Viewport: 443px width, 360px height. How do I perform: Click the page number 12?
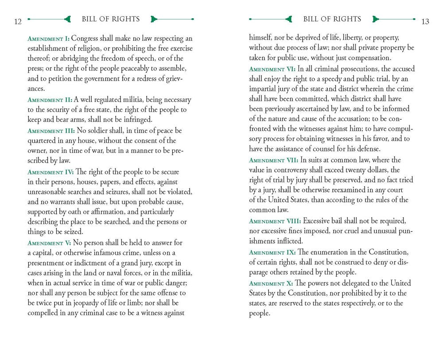coord(18,22)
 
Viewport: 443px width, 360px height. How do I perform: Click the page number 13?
coord(425,22)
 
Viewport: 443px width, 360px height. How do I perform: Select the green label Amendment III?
coord(51,131)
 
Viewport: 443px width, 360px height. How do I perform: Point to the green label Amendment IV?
coord(51,172)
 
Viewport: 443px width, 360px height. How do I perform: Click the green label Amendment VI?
coord(272,69)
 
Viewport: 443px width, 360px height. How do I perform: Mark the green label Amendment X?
coord(271,283)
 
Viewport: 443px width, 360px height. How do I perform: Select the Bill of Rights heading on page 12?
coord(111,19)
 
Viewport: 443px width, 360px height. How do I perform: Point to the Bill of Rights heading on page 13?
coord(332,19)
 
